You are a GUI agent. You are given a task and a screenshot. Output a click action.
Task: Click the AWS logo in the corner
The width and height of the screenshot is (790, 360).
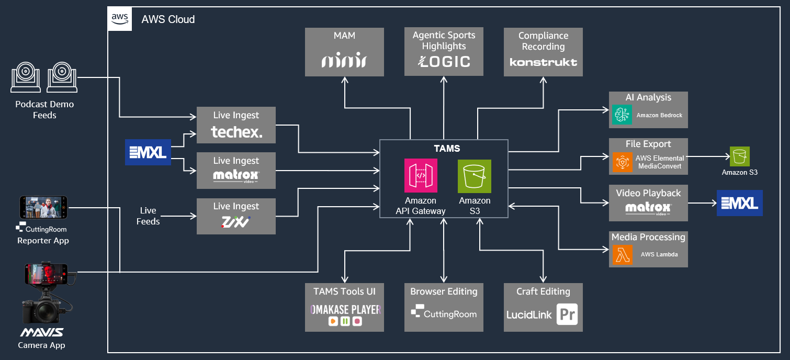pos(120,19)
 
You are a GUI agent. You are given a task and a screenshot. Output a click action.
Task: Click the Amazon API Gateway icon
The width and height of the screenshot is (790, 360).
pos(421,176)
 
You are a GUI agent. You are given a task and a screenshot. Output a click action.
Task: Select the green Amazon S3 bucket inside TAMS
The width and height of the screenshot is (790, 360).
pos(475,176)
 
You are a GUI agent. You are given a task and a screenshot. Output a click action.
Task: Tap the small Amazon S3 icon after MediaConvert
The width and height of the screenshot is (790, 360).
pos(740,156)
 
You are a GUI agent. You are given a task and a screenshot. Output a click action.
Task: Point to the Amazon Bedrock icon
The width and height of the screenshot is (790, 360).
pos(622,115)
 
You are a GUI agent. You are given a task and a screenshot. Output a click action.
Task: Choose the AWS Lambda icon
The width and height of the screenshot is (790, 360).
pos(622,254)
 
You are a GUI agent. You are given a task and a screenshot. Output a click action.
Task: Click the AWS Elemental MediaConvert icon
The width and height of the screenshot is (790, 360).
pos(622,162)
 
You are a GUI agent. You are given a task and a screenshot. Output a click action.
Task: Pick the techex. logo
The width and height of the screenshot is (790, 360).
pos(236,132)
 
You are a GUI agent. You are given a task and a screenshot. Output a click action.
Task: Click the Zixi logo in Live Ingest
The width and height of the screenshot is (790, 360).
pos(236,223)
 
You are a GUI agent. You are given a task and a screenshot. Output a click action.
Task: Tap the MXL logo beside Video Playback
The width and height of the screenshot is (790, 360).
pos(739,203)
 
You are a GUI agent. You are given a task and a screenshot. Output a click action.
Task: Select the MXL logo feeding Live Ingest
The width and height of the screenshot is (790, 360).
pos(148,152)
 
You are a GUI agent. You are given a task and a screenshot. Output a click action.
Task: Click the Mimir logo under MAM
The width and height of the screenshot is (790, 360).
pos(344,61)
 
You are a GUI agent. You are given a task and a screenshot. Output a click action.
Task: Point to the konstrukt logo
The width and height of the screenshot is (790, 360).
pos(543,62)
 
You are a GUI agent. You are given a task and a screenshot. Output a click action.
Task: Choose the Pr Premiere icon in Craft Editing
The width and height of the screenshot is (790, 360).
pos(567,314)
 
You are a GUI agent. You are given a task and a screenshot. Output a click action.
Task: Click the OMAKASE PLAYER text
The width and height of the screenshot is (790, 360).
pos(344,309)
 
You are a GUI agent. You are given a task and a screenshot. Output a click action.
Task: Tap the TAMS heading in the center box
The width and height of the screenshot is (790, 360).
pos(444,149)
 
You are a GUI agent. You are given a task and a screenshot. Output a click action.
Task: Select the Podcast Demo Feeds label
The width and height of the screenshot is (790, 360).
pos(44,109)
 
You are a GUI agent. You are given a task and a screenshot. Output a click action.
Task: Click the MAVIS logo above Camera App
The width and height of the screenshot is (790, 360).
pos(42,332)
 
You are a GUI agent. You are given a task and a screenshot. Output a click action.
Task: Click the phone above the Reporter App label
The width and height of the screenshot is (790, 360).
pos(43,207)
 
